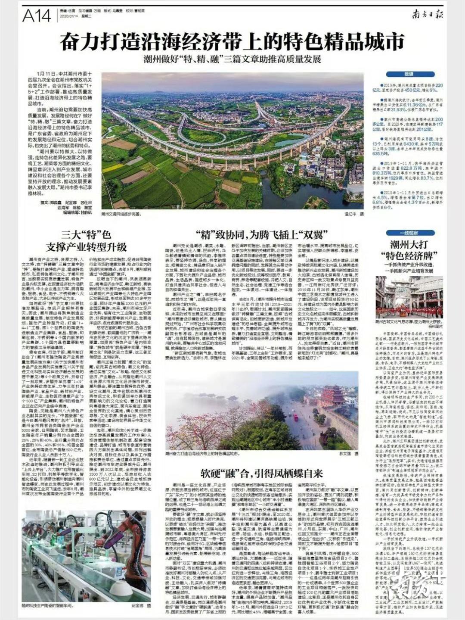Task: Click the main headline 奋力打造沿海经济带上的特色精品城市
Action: [232, 42]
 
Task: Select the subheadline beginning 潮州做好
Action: [232, 59]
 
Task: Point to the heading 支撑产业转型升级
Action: [87, 247]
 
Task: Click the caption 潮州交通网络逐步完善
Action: [121, 213]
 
